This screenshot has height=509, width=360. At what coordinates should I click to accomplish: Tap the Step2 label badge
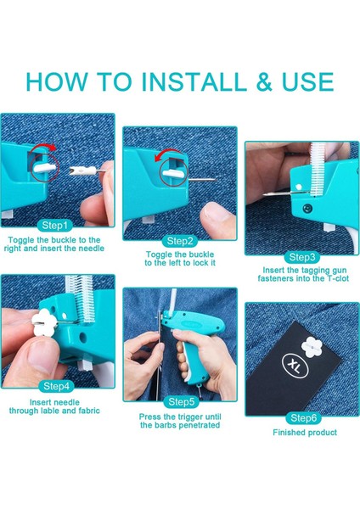point(180,241)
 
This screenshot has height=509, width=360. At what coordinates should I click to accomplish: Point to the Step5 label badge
point(180,401)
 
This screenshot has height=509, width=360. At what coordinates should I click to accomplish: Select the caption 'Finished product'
point(305,433)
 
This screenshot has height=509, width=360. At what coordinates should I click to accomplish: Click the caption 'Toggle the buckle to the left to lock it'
point(180,258)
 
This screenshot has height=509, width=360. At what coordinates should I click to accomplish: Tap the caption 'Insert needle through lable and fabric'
point(55,406)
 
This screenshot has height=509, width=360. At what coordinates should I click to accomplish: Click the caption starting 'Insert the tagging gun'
point(301,274)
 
